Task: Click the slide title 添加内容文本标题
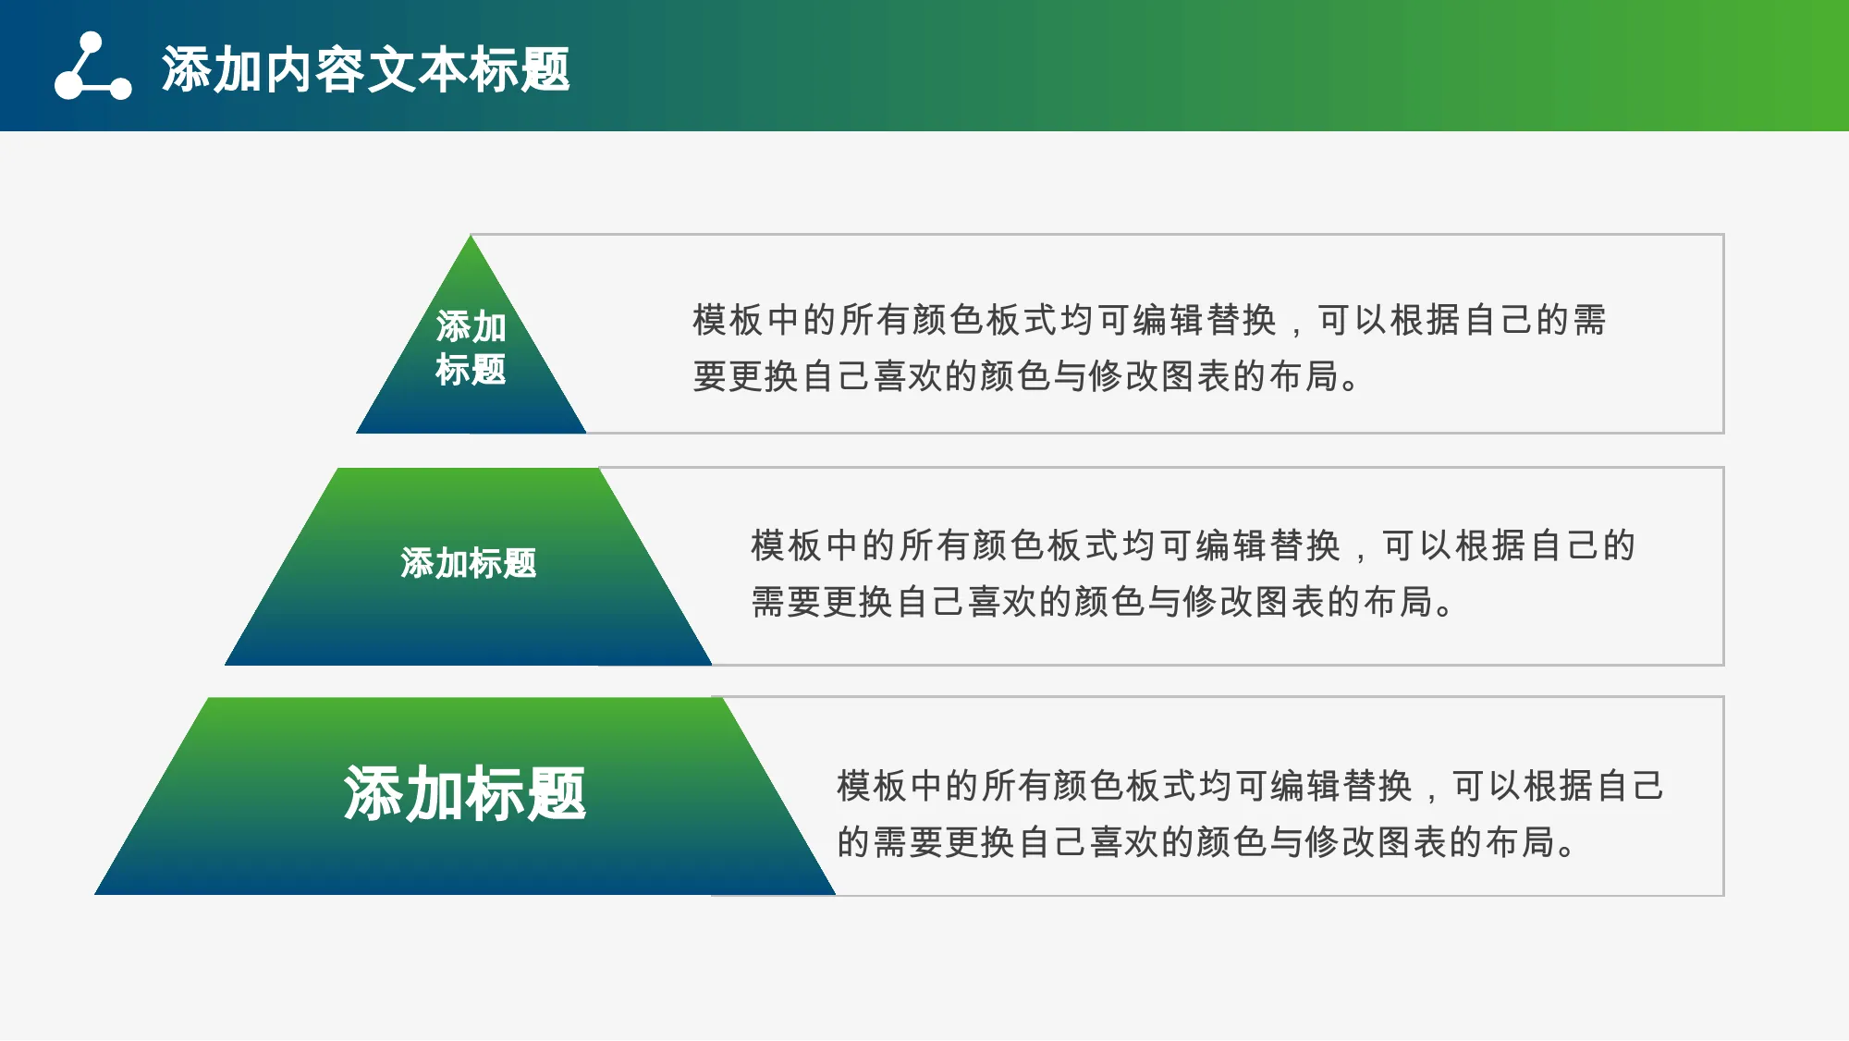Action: coord(366,69)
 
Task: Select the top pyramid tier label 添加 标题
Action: coord(471,348)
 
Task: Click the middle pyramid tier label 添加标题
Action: coord(469,563)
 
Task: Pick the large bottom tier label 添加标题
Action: coord(465,793)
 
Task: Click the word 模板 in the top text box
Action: coord(729,320)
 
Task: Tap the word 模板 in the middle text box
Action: coord(787,545)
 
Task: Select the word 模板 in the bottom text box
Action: coord(873,786)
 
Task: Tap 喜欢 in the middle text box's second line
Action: coord(1002,602)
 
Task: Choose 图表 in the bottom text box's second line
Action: coord(1413,842)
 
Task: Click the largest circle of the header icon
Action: coord(68,85)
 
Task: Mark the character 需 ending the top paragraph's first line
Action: coord(1589,320)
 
